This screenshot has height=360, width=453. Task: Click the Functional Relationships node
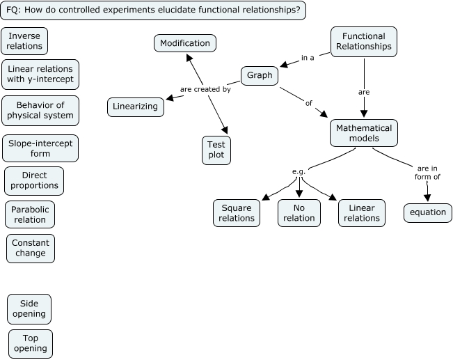[363, 41]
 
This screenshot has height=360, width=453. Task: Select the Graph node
[260, 75]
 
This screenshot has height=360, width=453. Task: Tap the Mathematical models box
[364, 133]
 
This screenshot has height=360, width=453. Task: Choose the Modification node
[184, 43]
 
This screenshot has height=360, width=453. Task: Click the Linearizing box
[136, 107]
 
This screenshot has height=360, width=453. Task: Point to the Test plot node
[216, 149]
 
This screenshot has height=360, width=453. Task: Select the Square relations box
[237, 213]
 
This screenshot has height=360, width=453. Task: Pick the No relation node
[299, 213]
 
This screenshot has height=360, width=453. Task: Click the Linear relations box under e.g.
[362, 213]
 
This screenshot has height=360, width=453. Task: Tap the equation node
[427, 213]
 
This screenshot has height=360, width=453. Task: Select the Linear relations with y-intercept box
[40, 75]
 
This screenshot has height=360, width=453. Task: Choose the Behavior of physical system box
[40, 110]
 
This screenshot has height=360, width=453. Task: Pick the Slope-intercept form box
[40, 148]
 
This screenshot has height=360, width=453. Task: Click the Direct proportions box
[34, 181]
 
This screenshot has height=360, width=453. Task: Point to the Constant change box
[30, 248]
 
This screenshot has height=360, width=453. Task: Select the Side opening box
[29, 308]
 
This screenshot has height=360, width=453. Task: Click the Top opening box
[30, 343]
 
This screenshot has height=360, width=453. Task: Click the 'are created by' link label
[205, 89]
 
